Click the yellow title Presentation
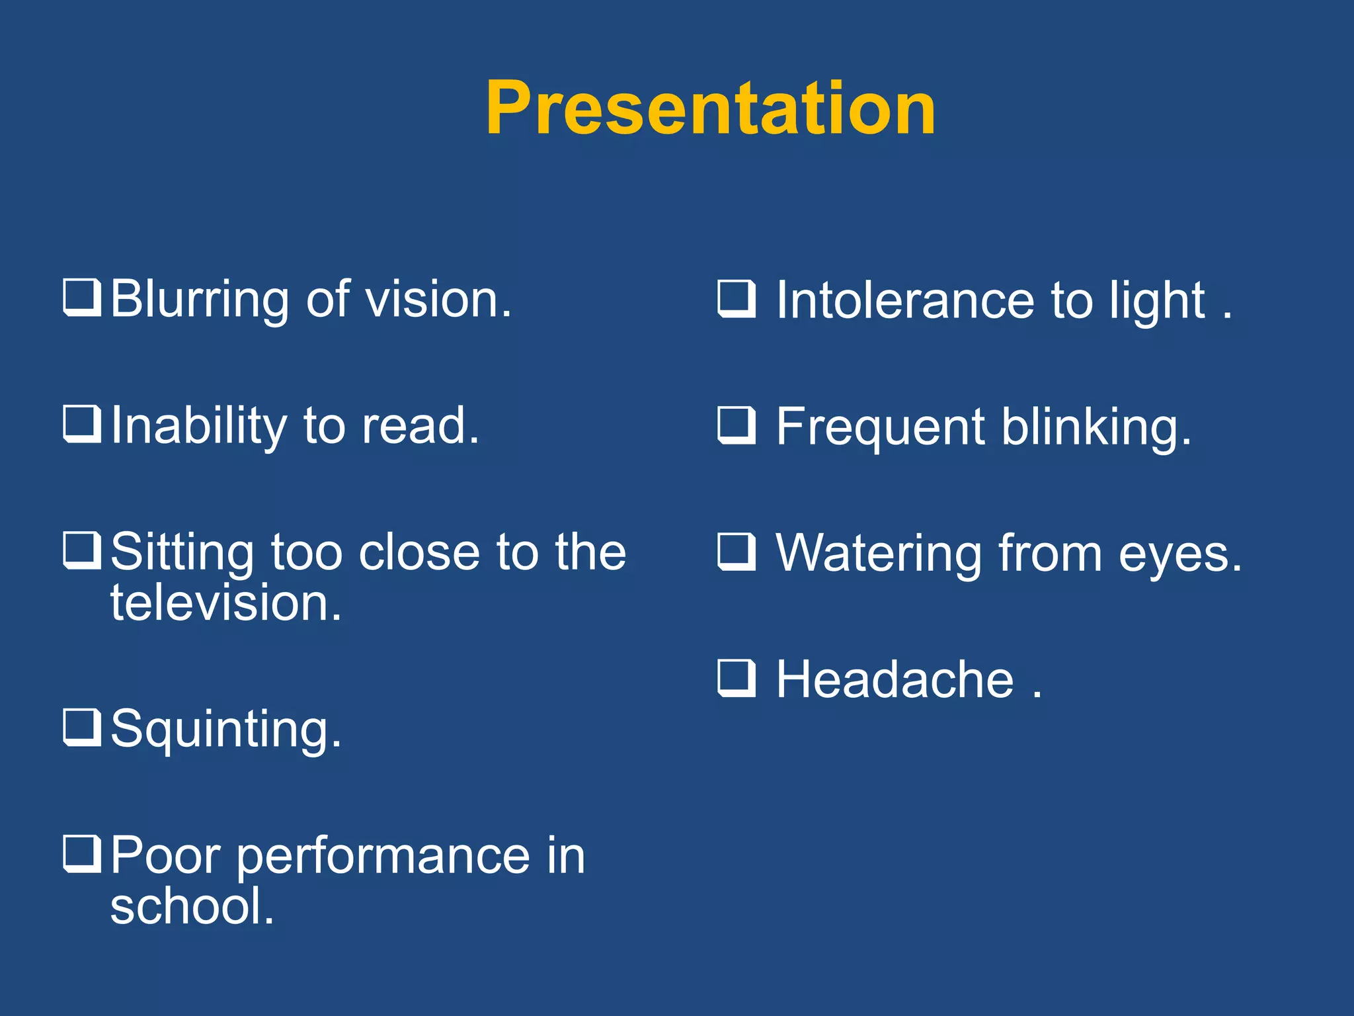710,108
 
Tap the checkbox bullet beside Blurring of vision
82,298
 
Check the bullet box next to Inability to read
82,424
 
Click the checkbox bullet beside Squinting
82,727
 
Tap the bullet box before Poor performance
82,854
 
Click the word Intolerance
905,301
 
